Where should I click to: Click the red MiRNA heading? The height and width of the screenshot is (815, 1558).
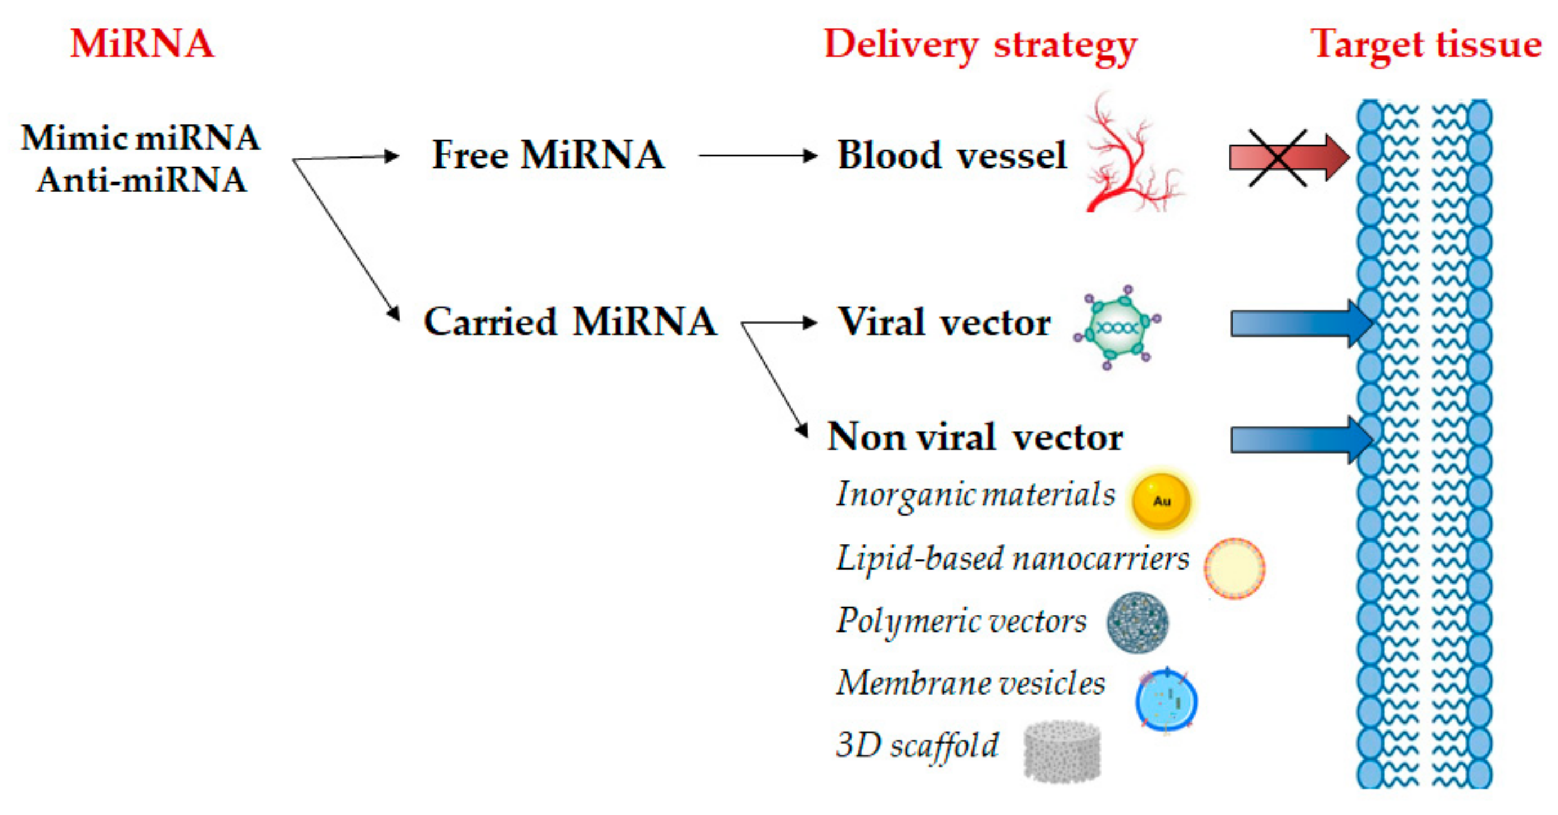tap(142, 43)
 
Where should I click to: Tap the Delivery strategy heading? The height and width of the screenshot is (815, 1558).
tap(980, 46)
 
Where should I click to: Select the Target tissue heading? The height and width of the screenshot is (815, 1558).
tap(1426, 46)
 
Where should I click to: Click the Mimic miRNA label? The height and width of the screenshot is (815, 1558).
tap(140, 138)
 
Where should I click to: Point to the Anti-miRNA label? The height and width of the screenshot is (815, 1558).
tap(141, 180)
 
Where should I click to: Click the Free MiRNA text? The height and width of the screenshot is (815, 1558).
tap(547, 155)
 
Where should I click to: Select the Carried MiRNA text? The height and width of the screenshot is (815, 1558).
tap(570, 321)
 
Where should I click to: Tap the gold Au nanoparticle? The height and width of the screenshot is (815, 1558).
tap(1161, 501)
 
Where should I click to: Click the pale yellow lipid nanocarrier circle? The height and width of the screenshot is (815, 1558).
tap(1234, 568)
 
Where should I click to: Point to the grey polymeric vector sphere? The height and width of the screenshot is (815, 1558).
tap(1137, 622)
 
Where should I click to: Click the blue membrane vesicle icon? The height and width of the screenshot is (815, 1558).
tap(1166, 701)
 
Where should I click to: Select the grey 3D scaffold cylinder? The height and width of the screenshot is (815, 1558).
tap(1062, 751)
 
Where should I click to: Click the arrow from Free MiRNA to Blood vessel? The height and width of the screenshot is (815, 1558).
tap(756, 156)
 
